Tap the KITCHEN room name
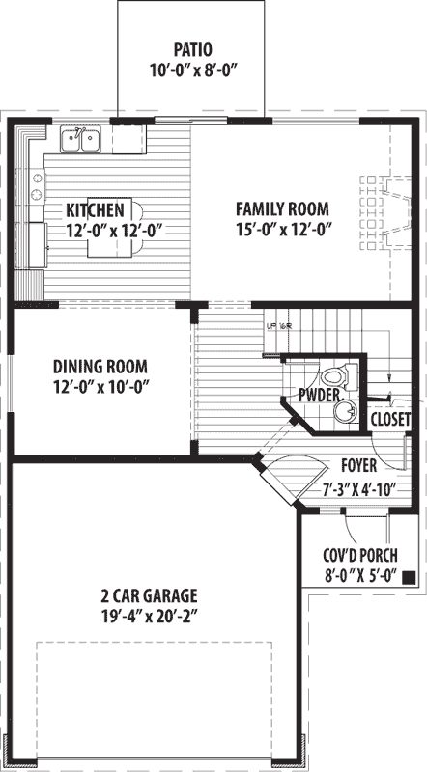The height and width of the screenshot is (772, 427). (x=94, y=209)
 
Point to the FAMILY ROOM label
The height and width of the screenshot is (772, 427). (x=283, y=208)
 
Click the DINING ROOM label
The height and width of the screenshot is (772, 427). (x=100, y=366)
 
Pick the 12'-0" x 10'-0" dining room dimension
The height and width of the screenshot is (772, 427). (x=100, y=386)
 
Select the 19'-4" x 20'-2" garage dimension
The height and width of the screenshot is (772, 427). (x=148, y=613)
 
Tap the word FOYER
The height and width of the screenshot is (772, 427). (x=358, y=466)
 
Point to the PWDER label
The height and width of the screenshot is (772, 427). (x=318, y=396)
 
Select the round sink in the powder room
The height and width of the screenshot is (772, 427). (x=344, y=413)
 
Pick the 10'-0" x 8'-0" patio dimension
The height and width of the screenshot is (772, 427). (x=193, y=70)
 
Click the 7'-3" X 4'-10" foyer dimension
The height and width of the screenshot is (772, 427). (x=359, y=487)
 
